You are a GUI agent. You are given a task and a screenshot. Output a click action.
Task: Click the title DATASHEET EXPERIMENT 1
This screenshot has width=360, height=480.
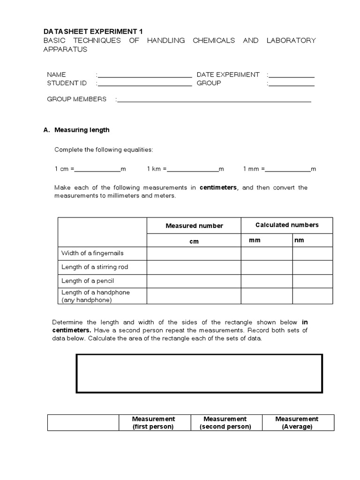[93, 31]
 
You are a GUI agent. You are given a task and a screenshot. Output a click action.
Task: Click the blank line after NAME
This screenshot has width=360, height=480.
[145, 75]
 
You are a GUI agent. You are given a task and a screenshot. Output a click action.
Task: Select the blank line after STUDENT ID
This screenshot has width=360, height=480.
[145, 84]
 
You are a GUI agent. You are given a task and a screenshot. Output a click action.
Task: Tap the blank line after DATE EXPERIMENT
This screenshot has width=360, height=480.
[292, 75]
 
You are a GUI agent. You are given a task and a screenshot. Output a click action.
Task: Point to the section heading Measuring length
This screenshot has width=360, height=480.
[82, 130]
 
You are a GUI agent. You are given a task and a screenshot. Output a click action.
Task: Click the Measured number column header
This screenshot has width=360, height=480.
[194, 225]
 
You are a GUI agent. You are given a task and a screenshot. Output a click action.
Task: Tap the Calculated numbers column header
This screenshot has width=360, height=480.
[287, 225]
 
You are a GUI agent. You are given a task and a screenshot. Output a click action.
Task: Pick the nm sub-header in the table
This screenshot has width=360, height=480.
[299, 240]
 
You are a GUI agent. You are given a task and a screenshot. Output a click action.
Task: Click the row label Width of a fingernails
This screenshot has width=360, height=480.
[92, 253]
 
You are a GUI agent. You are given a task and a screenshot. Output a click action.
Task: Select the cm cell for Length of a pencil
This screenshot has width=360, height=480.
[194, 281]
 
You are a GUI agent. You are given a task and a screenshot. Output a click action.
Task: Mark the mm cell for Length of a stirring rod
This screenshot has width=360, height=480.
[267, 267]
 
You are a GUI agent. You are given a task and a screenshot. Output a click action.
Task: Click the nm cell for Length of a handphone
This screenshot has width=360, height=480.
[313, 296]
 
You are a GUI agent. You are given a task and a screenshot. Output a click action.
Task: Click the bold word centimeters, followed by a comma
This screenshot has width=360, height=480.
[218, 187]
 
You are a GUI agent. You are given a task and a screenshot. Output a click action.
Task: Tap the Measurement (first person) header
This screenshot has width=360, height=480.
[153, 422]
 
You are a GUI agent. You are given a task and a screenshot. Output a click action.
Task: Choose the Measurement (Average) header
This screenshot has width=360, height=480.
[297, 422]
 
